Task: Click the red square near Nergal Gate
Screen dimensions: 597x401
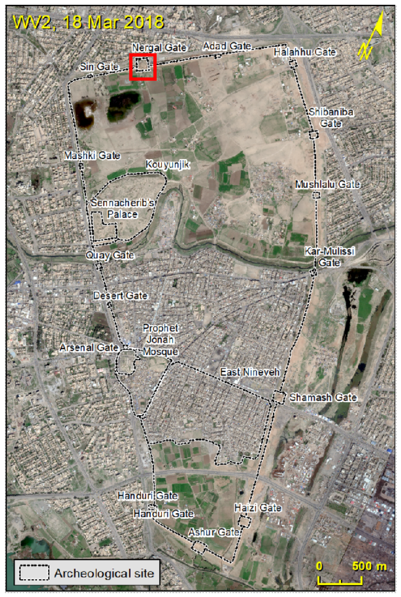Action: point(142,67)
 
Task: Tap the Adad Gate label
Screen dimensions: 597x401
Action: point(227,46)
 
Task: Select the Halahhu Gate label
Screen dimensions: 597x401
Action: point(304,52)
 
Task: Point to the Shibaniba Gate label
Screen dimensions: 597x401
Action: point(331,118)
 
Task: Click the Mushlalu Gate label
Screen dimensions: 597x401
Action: point(327,184)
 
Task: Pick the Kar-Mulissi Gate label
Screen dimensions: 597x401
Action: point(329,257)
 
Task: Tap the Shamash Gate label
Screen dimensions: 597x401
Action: point(323,397)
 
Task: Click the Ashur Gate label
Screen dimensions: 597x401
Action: point(214,532)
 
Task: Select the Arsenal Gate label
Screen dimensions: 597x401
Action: point(89,348)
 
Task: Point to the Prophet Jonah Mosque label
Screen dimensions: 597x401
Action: point(160,340)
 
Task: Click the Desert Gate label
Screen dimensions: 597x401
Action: point(120,296)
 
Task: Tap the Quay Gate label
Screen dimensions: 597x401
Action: point(110,255)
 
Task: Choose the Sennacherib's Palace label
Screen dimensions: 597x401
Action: point(122,209)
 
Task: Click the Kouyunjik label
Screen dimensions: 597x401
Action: point(167,164)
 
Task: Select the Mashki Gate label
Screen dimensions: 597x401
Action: point(92,156)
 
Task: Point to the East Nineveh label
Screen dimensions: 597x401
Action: point(250,372)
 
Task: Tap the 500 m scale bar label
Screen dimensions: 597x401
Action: point(369,566)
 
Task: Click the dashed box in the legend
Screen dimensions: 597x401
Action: point(34,573)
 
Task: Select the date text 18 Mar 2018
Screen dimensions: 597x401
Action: point(113,22)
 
